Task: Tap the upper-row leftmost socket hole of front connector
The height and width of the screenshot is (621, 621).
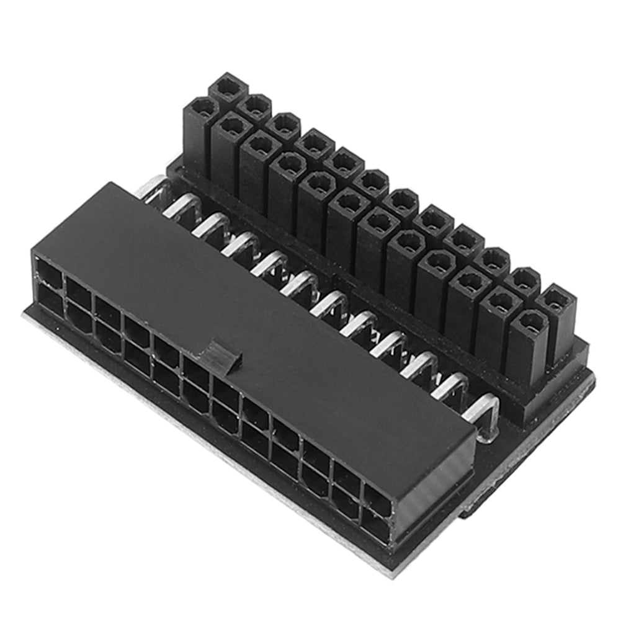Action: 50,274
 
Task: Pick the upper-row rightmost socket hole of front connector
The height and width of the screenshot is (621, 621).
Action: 377,498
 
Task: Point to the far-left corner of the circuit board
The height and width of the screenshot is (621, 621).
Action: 25,313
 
